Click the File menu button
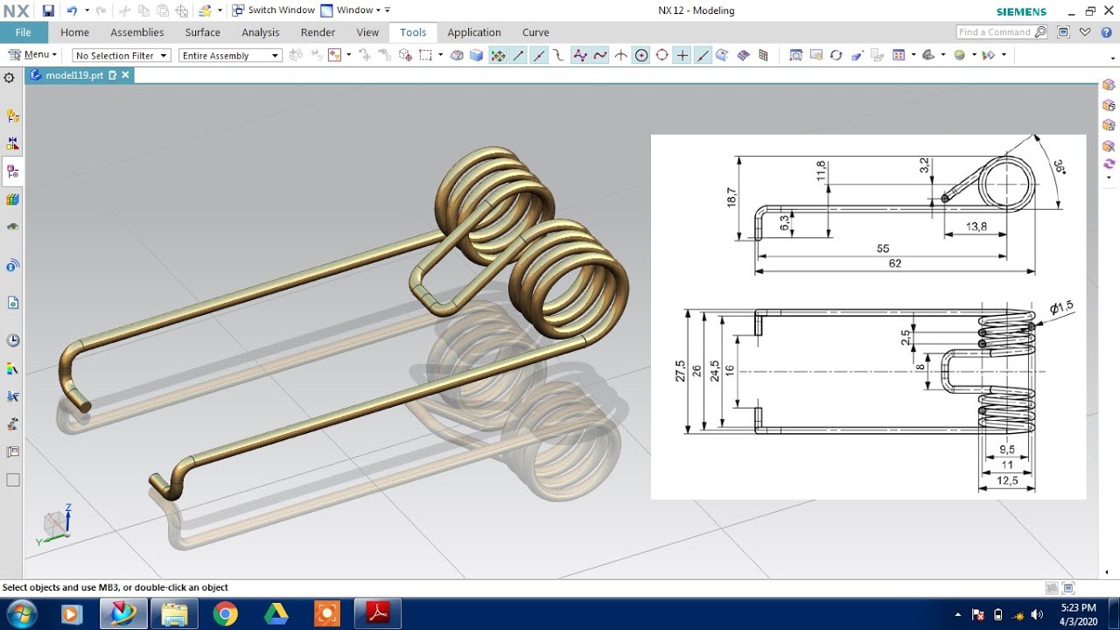(x=24, y=32)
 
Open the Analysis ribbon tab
(x=260, y=32)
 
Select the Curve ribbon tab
(x=535, y=32)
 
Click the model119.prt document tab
(x=74, y=75)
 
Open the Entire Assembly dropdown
(x=229, y=55)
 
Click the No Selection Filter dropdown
(x=121, y=55)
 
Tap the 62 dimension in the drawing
(x=894, y=263)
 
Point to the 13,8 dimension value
(x=976, y=227)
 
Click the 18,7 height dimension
(x=731, y=198)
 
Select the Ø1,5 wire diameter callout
(x=1060, y=307)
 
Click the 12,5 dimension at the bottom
(x=1006, y=480)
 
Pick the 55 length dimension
(x=883, y=249)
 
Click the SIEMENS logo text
(x=1021, y=11)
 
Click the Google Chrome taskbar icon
(x=225, y=614)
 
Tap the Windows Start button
(x=20, y=614)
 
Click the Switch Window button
(x=273, y=10)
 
